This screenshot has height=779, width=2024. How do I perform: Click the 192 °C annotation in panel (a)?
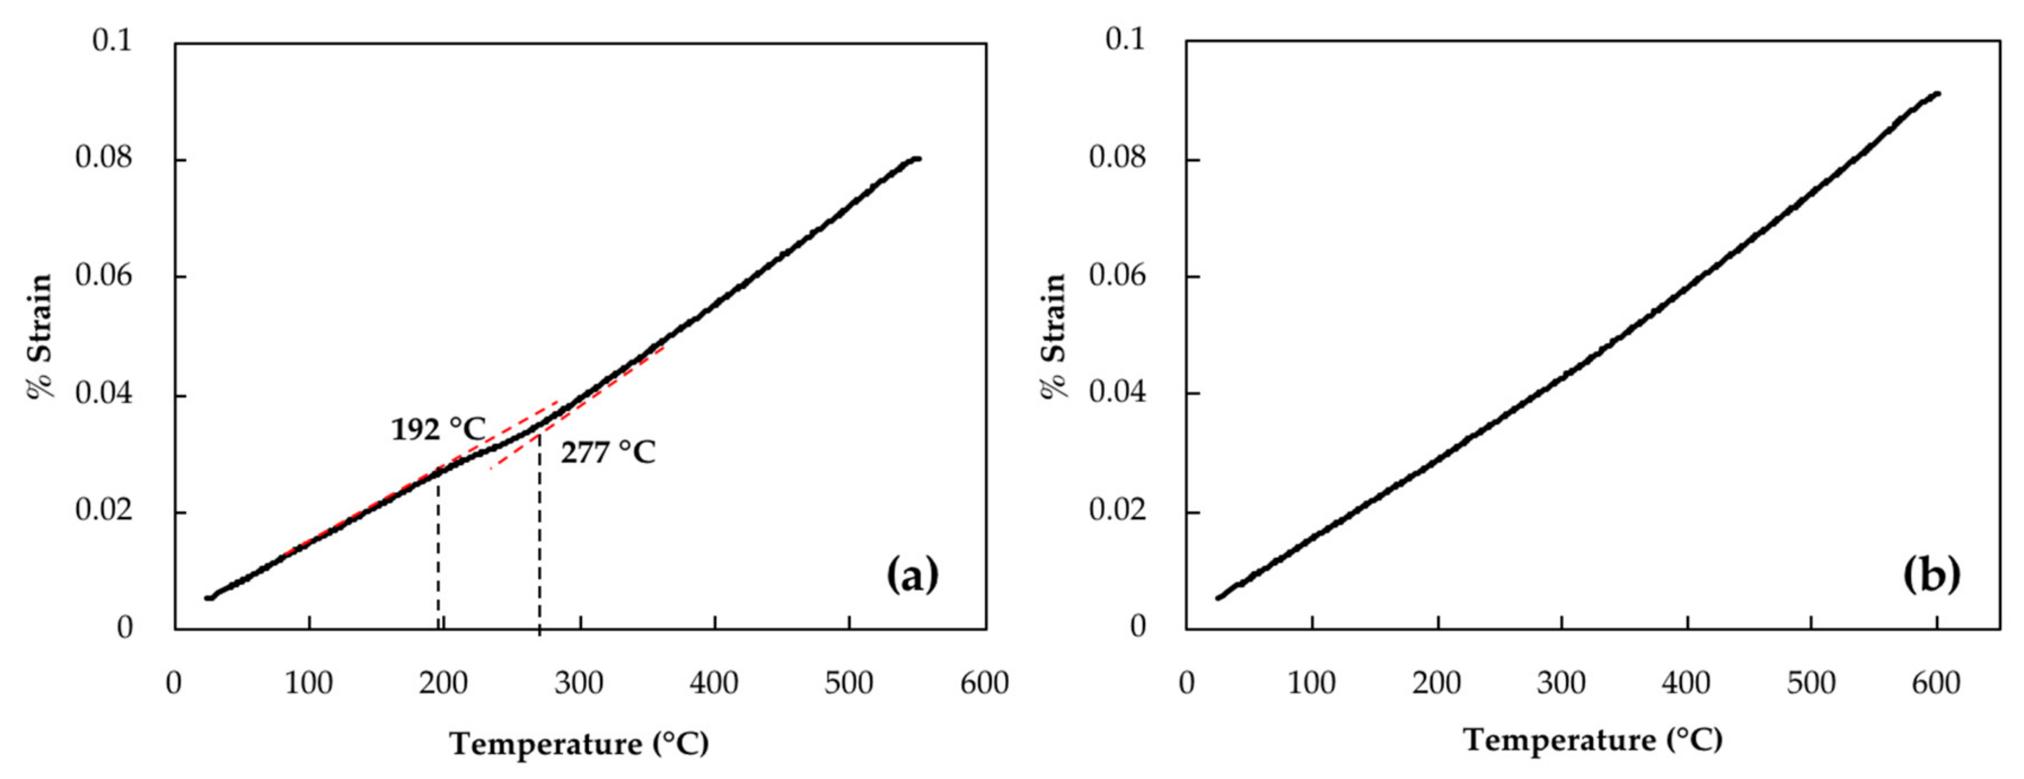coord(438,429)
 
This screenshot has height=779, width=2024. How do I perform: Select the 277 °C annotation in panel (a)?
coord(608,453)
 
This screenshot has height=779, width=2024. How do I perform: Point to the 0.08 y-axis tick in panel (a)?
coord(104,158)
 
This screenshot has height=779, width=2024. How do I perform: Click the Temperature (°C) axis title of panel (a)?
coord(579,743)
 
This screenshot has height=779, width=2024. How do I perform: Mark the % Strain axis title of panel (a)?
coord(41,336)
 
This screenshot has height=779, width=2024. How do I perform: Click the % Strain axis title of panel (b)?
coord(1054,336)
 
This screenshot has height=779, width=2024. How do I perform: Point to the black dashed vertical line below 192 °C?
coord(438,550)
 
